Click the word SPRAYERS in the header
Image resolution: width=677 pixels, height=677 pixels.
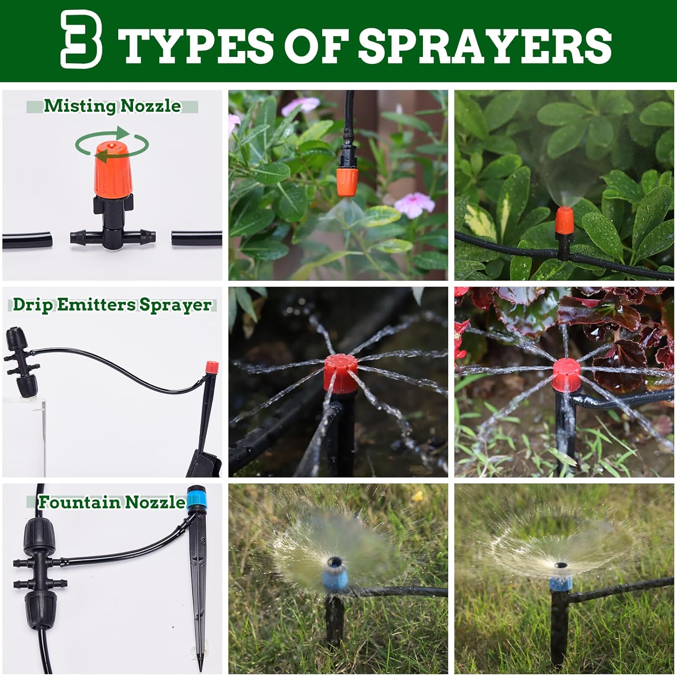click(485, 45)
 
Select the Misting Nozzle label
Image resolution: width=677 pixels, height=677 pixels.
click(112, 106)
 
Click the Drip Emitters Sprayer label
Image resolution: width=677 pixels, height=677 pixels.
click(112, 305)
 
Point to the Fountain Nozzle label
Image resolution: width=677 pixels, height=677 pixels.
click(111, 502)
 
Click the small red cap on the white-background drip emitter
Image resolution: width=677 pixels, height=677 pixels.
click(209, 366)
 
